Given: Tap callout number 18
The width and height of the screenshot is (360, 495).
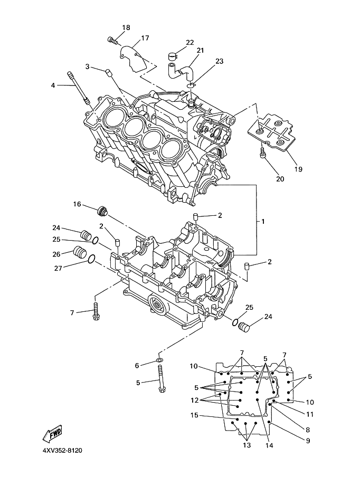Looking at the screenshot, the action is coord(126,28).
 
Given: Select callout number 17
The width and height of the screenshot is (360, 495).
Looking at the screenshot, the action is coord(145,38).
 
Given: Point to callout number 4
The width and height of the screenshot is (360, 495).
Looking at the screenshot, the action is coord(53,85).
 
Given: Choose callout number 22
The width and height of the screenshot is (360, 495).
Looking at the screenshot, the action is coord(190,42).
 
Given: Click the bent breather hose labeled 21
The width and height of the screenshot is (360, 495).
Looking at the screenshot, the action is coord(181,71).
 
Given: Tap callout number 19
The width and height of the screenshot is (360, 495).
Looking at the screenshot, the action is coord(298,169).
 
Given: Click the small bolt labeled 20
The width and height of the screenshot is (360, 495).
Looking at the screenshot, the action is coord(263,153).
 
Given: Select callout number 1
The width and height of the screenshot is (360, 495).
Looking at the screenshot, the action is coord(263,222).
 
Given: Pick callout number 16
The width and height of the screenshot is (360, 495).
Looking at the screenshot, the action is coord(77,204).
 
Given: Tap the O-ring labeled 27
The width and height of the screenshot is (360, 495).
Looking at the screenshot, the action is coord(91,259).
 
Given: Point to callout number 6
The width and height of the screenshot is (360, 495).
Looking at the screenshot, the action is coord(137,366).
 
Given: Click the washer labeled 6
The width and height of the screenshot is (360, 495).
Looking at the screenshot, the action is coord(160,360).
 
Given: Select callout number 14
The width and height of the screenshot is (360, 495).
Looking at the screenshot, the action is coord(269,445).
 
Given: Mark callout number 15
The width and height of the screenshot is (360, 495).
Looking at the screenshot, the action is coord(194,415).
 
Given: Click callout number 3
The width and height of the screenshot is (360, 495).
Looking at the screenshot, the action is coord(88,66).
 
